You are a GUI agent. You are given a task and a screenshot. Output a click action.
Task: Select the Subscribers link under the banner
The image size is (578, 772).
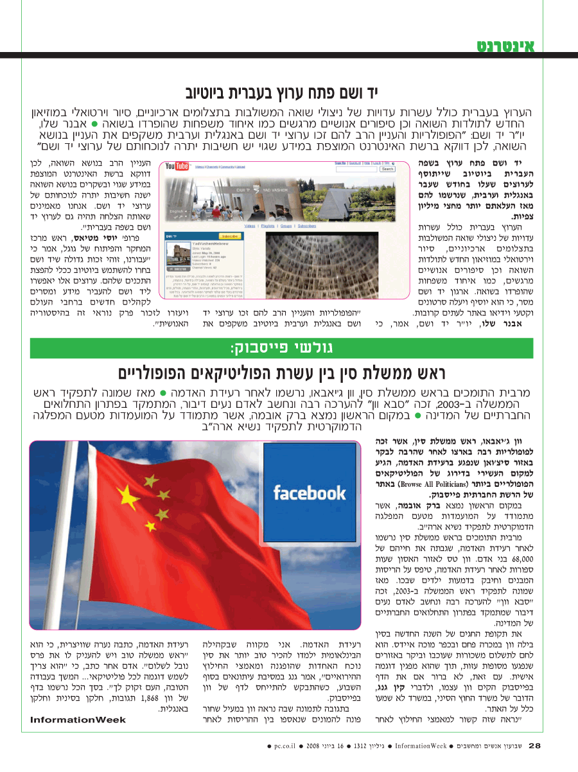(307, 226)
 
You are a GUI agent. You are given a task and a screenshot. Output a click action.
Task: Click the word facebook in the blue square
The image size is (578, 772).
(310, 493)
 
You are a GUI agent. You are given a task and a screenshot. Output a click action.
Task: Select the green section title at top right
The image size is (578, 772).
(505, 46)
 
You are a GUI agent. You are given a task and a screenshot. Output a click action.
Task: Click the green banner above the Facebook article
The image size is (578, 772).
(289, 349)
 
